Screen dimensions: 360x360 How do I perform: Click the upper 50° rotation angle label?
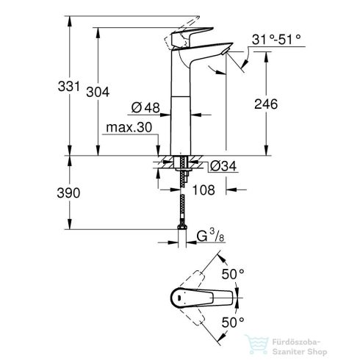tap(251, 273)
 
